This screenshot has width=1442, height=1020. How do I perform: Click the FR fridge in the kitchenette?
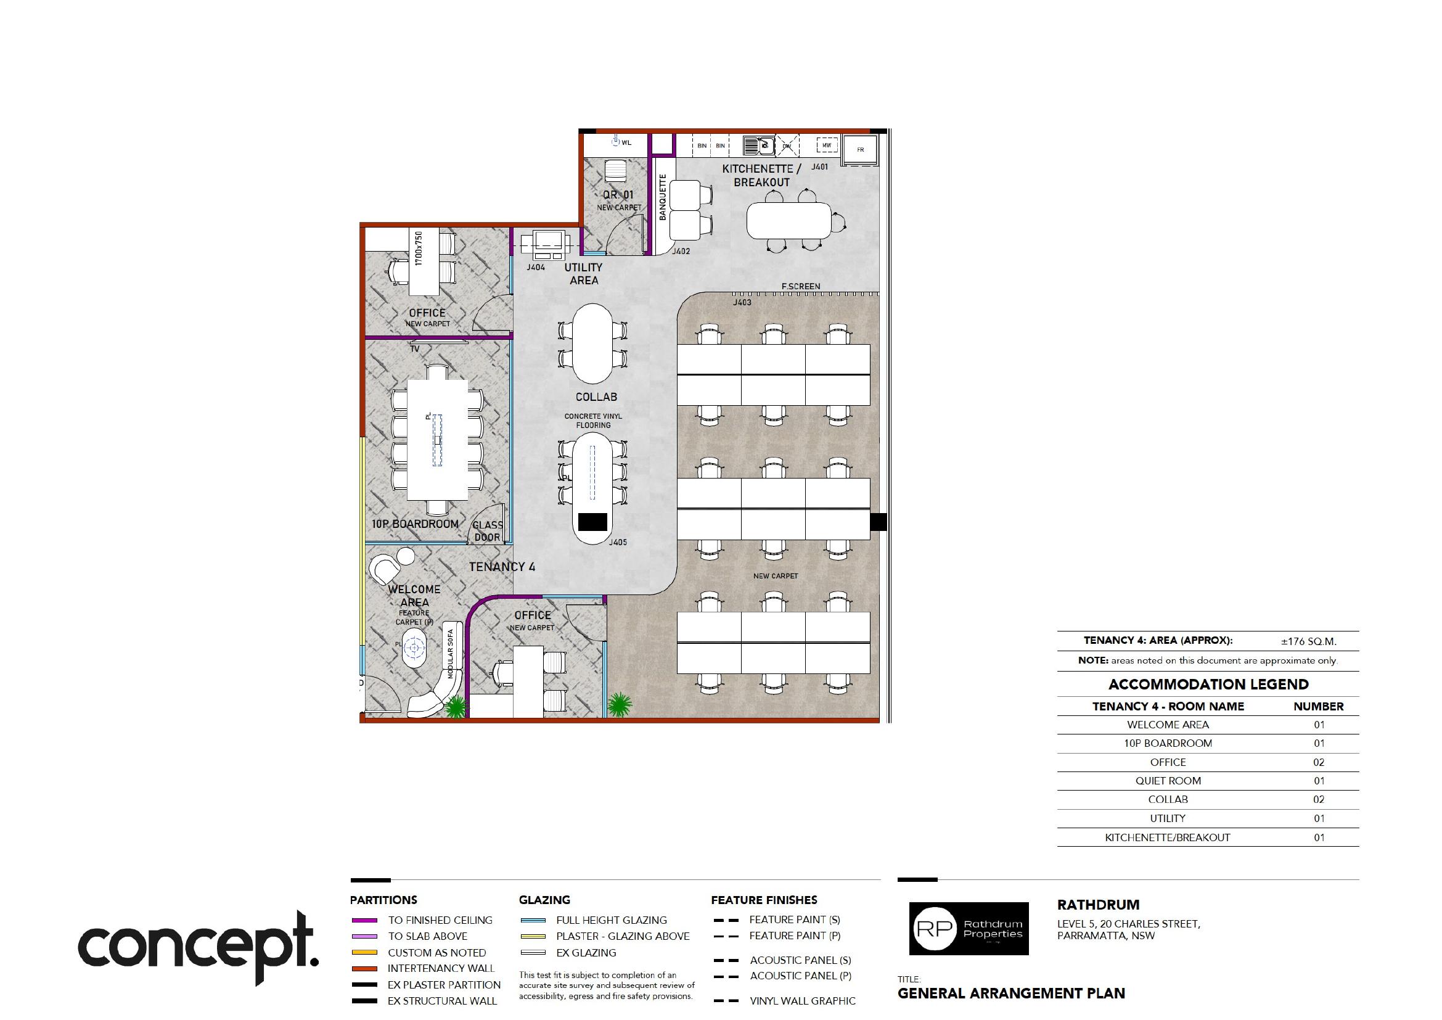point(860,149)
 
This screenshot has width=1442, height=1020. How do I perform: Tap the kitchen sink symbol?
point(759,146)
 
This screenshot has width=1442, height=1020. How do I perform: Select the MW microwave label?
point(827,145)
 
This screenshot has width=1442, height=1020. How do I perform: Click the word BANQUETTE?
point(662,197)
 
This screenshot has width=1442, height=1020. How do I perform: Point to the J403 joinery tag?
point(742,302)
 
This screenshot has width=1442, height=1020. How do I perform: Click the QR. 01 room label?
point(618,195)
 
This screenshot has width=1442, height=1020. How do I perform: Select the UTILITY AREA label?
point(583,274)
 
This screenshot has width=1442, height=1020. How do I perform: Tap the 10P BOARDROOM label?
point(414,524)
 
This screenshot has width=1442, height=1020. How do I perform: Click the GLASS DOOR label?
point(488,531)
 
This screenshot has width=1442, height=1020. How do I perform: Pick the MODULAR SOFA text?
point(450,654)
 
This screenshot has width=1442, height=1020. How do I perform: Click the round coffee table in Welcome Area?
point(414,647)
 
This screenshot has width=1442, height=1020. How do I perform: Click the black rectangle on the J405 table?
point(592,522)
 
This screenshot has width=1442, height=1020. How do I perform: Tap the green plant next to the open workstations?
point(619,705)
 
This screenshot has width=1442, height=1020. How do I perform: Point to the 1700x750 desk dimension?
point(419,247)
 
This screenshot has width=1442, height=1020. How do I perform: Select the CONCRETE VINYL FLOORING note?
point(593,420)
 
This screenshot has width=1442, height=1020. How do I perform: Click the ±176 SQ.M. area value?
point(1308,641)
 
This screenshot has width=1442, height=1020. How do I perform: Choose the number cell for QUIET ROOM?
point(1318,781)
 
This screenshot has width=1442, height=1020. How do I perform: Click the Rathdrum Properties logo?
point(969,928)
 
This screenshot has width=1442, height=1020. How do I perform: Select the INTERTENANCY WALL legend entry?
point(441,968)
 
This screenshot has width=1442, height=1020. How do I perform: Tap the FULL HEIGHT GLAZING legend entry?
point(611,920)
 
